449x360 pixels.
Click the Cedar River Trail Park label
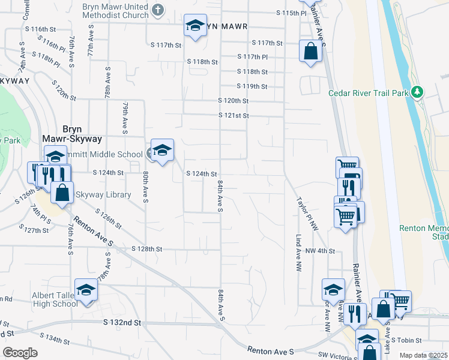pyautogui.click(x=368, y=93)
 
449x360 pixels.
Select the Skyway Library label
pyautogui.click(x=102, y=195)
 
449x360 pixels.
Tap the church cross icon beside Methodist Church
pyautogui.click(x=158, y=10)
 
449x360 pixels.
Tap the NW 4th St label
pyautogui.click(x=319, y=250)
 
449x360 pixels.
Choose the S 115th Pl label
pyautogui.click(x=291, y=13)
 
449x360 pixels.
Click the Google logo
pyautogui.click(x=20, y=353)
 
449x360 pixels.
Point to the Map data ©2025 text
pyautogui.click(x=423, y=355)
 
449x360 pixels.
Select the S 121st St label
pyautogui.click(x=233, y=115)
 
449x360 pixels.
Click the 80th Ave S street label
pyautogui.click(x=146, y=187)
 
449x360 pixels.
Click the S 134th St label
pyautogui.click(x=58, y=340)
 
